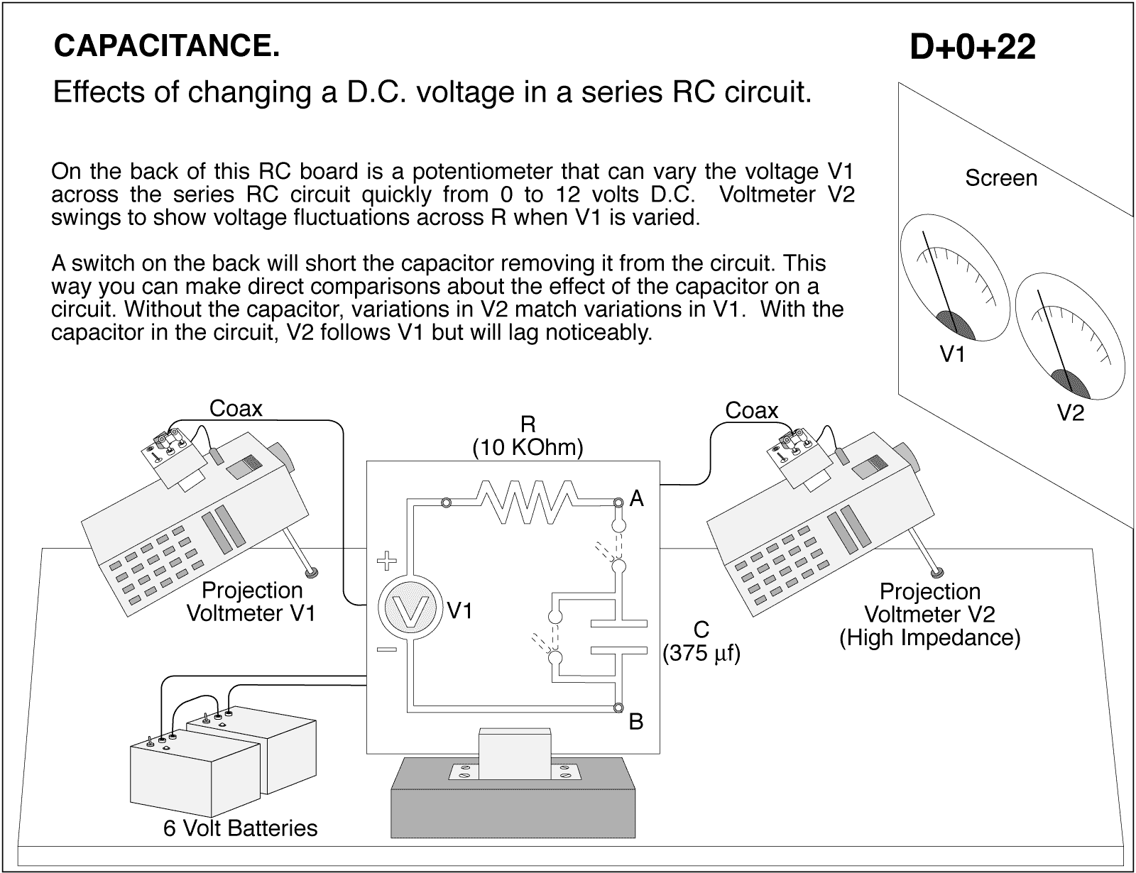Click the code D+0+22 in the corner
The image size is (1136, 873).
tap(972, 48)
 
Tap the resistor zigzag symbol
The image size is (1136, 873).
tap(530, 502)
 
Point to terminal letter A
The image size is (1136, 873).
tap(637, 500)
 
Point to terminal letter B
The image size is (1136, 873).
tap(636, 723)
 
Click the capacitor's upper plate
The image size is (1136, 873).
tap(620, 623)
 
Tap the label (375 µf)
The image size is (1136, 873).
tap(701, 653)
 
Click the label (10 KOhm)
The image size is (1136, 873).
tap(528, 447)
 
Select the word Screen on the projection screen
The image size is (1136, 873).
tap(1000, 178)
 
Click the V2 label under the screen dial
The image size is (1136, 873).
tap(1071, 413)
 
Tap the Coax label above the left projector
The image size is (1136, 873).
tap(236, 409)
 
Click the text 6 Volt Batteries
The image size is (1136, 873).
tap(240, 828)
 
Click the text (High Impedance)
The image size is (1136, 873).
tap(929, 637)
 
